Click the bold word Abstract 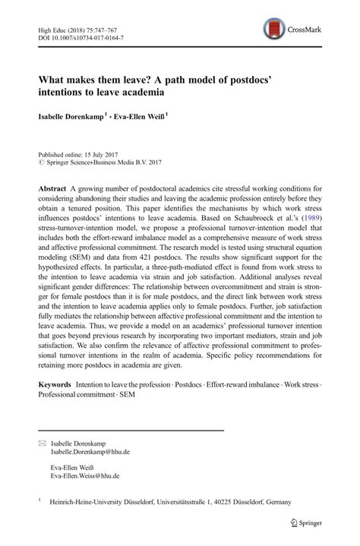point(55,188)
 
